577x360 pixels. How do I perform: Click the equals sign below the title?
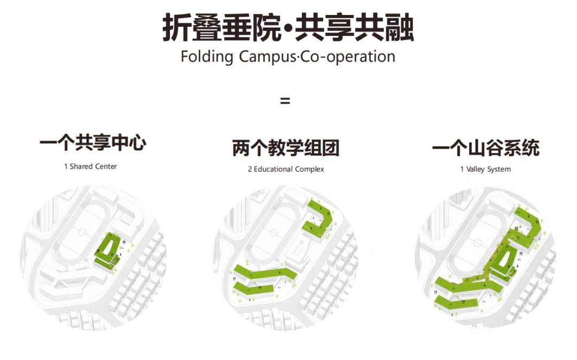coord(285,101)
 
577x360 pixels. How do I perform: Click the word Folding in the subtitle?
coord(207,57)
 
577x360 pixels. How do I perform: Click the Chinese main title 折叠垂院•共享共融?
coord(288,28)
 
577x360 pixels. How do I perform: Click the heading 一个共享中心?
coord(92,143)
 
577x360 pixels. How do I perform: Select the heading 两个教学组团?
coord(285,148)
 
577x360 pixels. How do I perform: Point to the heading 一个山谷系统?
coord(485,148)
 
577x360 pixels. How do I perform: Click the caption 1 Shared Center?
coord(90,166)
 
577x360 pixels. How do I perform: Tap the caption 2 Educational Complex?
coord(285,169)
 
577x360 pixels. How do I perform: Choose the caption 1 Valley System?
coord(485,169)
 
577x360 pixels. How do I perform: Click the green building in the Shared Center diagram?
coord(108,251)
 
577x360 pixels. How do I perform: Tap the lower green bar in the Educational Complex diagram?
coord(254,289)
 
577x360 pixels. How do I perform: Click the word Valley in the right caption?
coord(475,169)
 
